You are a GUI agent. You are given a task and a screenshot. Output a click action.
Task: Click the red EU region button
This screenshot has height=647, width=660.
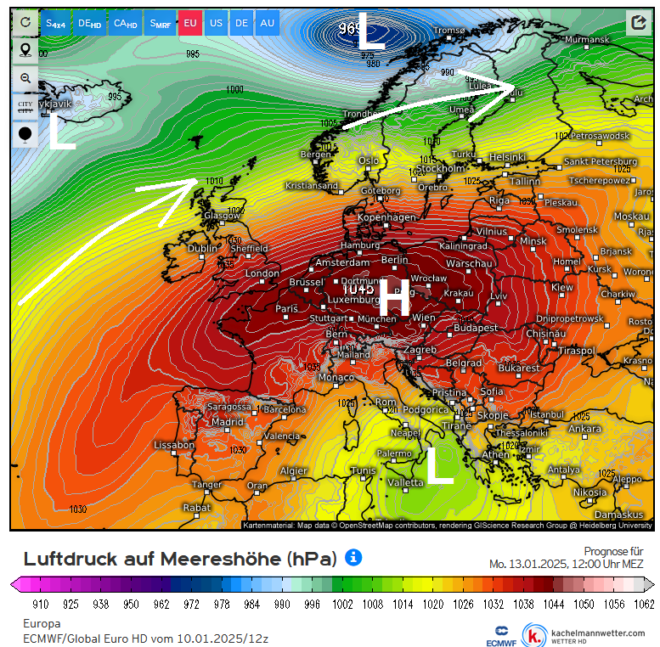[x=190, y=23]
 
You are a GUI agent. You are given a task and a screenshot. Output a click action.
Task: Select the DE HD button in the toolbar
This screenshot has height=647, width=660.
[x=89, y=23]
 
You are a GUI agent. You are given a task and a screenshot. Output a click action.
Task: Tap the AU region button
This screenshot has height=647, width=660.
[x=267, y=23]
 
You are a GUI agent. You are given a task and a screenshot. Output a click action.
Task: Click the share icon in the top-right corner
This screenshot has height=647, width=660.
[x=638, y=23]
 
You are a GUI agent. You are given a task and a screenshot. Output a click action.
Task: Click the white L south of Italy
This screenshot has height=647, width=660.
[x=439, y=465]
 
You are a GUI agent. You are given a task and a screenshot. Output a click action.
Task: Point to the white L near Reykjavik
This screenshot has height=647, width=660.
[x=62, y=133]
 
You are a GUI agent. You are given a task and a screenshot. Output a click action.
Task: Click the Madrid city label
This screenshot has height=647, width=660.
[x=227, y=422]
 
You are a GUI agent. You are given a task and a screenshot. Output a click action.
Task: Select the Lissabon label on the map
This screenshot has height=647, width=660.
[x=174, y=445]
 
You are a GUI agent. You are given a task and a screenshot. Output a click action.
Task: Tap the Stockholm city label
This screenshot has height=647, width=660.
[x=440, y=168]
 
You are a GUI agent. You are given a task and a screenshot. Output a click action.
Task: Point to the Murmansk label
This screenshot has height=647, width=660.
[x=587, y=40]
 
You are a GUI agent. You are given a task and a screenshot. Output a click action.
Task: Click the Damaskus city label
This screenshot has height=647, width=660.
[x=618, y=515]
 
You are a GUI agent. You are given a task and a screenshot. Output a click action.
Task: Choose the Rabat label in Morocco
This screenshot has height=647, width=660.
[x=196, y=508]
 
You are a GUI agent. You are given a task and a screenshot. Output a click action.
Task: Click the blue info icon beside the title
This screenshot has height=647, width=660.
[x=353, y=558]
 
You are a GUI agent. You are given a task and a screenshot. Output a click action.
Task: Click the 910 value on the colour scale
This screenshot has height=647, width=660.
[x=40, y=604]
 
